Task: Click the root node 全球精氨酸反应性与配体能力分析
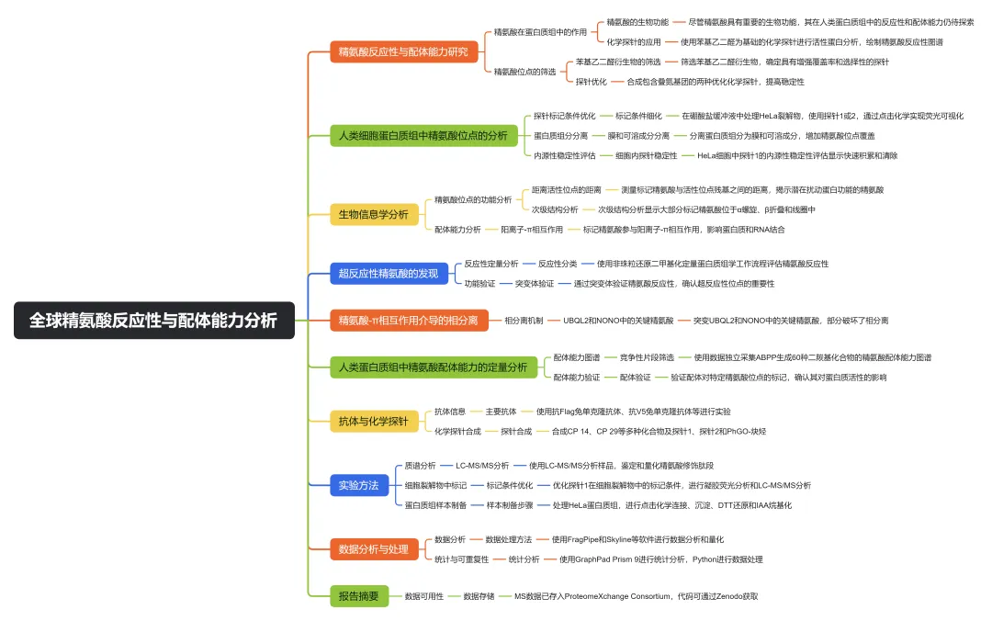[153, 321]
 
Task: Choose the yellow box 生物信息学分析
[374, 214]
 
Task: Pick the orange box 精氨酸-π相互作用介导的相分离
[408, 321]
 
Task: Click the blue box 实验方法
[359, 484]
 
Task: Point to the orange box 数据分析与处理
[374, 549]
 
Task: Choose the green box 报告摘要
[359, 596]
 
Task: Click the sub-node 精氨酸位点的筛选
[524, 71]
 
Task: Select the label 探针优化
[592, 82]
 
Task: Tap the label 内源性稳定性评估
[565, 155]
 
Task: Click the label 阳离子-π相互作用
[532, 229]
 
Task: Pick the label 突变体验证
[535, 284]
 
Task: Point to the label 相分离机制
[524, 321]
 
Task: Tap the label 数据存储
[480, 596]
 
